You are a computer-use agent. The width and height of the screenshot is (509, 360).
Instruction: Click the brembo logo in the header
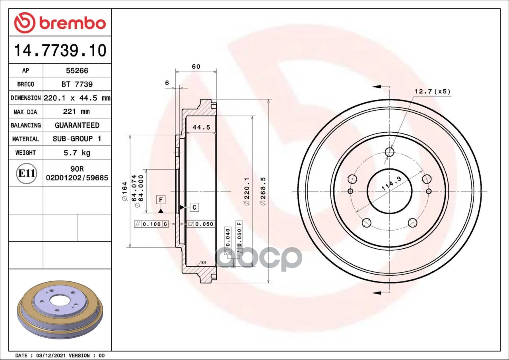point(60,23)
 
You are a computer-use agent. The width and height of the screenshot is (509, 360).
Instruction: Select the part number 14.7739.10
point(60,50)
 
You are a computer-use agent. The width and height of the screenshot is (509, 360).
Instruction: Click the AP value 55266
point(77,71)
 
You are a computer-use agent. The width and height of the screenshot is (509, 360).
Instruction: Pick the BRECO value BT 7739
point(77,84)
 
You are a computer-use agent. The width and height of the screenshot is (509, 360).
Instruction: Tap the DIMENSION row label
point(26,98)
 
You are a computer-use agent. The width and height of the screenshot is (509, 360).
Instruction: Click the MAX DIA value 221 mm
point(76,111)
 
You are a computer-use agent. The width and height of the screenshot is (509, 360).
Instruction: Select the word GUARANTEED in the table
point(77,125)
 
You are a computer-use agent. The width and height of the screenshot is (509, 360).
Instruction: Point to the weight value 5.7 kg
point(77,153)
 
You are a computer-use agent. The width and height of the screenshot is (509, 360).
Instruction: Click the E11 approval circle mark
point(27,173)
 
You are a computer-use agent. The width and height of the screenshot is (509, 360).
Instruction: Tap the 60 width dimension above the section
point(196,66)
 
